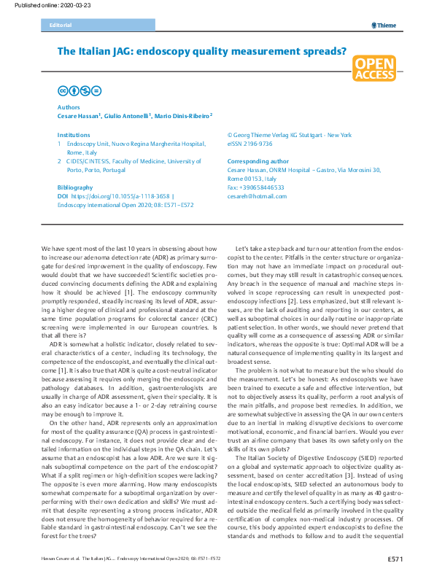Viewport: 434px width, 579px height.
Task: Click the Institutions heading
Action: click(74, 135)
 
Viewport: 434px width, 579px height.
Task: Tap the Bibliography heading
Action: click(75, 187)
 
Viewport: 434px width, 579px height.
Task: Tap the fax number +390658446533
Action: click(256, 187)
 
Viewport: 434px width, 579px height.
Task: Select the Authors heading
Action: click(69, 106)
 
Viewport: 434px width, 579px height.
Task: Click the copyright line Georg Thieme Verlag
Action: click(289, 135)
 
